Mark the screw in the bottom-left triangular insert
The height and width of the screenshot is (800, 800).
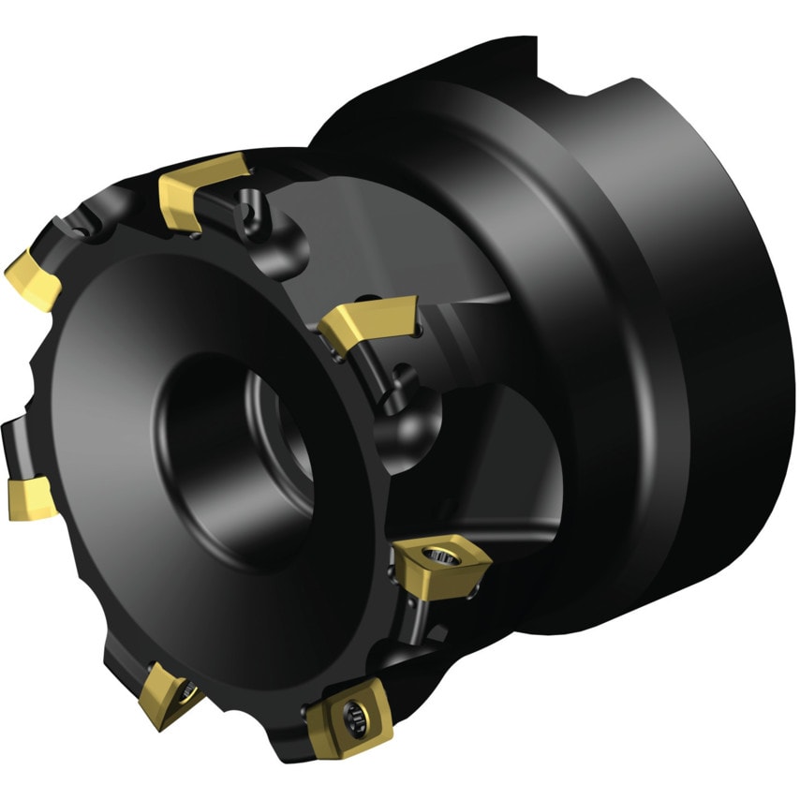tap(190, 694)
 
